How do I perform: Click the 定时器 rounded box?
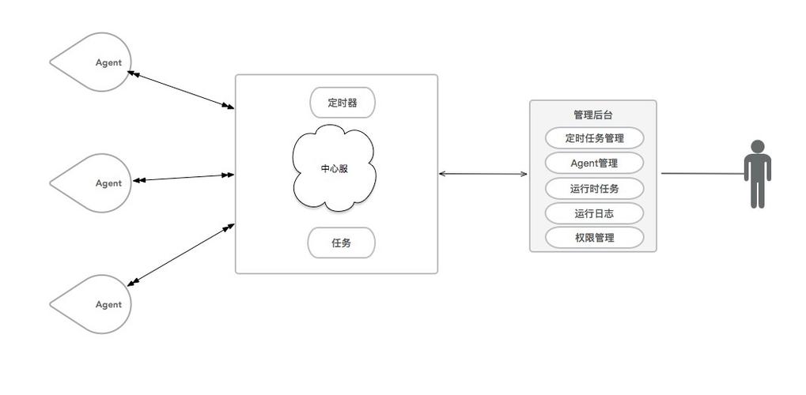pos(342,103)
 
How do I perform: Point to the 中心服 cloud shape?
pos(334,169)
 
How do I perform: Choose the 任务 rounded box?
pos(341,243)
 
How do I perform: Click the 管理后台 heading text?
pos(592,115)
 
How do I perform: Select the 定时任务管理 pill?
pos(594,138)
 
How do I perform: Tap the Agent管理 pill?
pos(594,164)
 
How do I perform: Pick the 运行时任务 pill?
pos(594,189)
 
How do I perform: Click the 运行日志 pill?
pos(594,213)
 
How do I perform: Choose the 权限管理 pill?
pos(594,238)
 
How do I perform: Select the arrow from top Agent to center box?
pos(181,90)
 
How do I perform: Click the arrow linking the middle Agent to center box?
pos(184,178)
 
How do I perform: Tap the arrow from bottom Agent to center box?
pos(181,254)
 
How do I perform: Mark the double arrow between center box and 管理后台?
pos(483,174)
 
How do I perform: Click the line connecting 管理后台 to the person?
pos(702,173)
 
